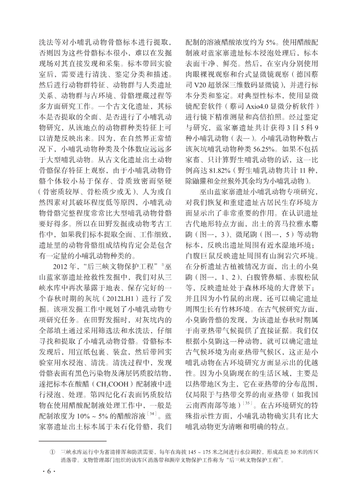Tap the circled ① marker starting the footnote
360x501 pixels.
52,452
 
